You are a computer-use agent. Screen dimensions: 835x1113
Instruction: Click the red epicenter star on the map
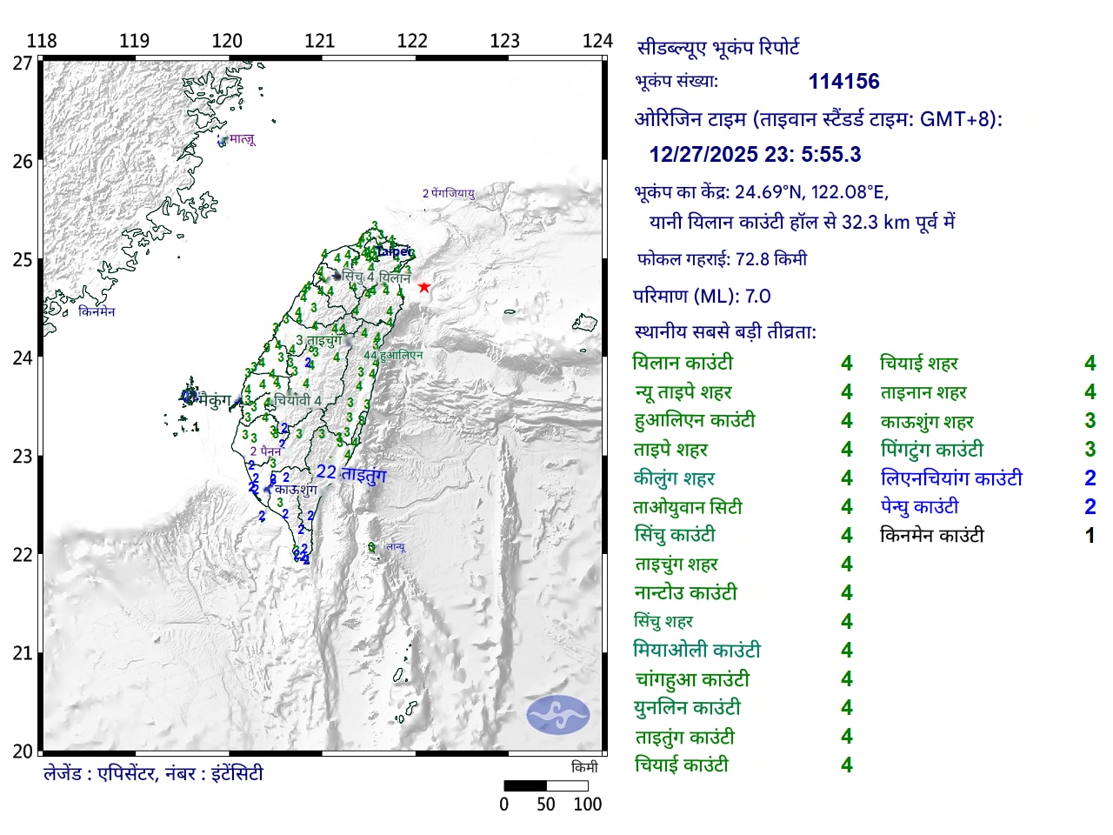(x=423, y=287)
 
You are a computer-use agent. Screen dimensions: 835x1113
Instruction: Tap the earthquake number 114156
(x=843, y=82)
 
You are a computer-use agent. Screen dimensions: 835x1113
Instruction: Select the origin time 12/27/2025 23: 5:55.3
(x=755, y=155)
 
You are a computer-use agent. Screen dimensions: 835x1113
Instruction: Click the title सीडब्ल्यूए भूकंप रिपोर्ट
(x=718, y=48)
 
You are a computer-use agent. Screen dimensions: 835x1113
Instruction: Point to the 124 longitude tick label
(x=597, y=41)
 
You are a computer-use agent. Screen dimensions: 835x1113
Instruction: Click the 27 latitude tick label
(x=22, y=63)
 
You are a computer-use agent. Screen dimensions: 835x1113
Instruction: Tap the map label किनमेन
(x=97, y=311)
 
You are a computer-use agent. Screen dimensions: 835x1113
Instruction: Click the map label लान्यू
(x=396, y=547)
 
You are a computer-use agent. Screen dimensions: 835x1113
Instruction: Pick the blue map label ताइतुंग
(x=363, y=474)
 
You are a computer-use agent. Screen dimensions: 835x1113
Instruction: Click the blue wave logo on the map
(x=557, y=715)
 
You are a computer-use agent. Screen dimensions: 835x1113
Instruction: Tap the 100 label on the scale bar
(x=587, y=805)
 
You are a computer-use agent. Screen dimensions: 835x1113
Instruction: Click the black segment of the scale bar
(x=525, y=785)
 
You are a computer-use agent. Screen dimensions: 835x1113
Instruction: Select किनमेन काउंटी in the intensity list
(x=931, y=536)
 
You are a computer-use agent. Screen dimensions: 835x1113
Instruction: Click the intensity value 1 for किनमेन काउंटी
(x=1090, y=536)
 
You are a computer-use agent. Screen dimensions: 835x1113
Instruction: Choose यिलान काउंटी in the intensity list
(x=683, y=363)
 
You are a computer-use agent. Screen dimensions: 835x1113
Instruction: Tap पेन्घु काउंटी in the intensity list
(x=919, y=507)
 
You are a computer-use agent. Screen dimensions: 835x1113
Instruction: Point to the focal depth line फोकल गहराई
(x=722, y=259)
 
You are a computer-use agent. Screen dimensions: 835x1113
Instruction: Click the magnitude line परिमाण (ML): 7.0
(x=702, y=296)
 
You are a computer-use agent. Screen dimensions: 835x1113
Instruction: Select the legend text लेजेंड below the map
(x=152, y=773)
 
